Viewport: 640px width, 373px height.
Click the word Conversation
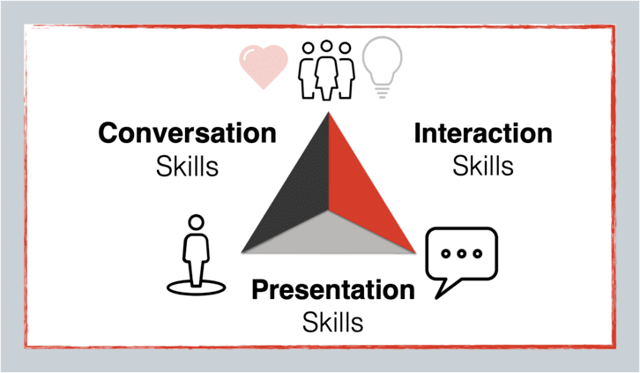pyautogui.click(x=188, y=133)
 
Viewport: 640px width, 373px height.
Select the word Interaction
pyautogui.click(x=483, y=133)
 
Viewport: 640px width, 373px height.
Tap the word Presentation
pyautogui.click(x=333, y=290)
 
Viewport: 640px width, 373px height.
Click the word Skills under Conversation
pyautogui.click(x=188, y=166)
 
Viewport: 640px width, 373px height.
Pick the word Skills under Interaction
pyautogui.click(x=483, y=166)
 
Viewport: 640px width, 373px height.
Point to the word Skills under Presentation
pyautogui.click(x=333, y=322)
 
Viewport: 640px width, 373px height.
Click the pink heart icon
pyautogui.click(x=264, y=66)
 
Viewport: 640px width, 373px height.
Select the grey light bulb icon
pyautogui.click(x=382, y=65)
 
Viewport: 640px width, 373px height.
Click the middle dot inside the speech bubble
pyautogui.click(x=462, y=253)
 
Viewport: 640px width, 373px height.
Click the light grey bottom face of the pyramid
pyautogui.click(x=329, y=236)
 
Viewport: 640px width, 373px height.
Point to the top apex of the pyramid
pyautogui.click(x=329, y=112)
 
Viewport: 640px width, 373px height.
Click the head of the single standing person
pyautogui.click(x=197, y=222)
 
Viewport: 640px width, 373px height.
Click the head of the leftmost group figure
pyautogui.click(x=309, y=48)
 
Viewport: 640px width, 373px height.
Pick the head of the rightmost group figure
pyautogui.click(x=345, y=48)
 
